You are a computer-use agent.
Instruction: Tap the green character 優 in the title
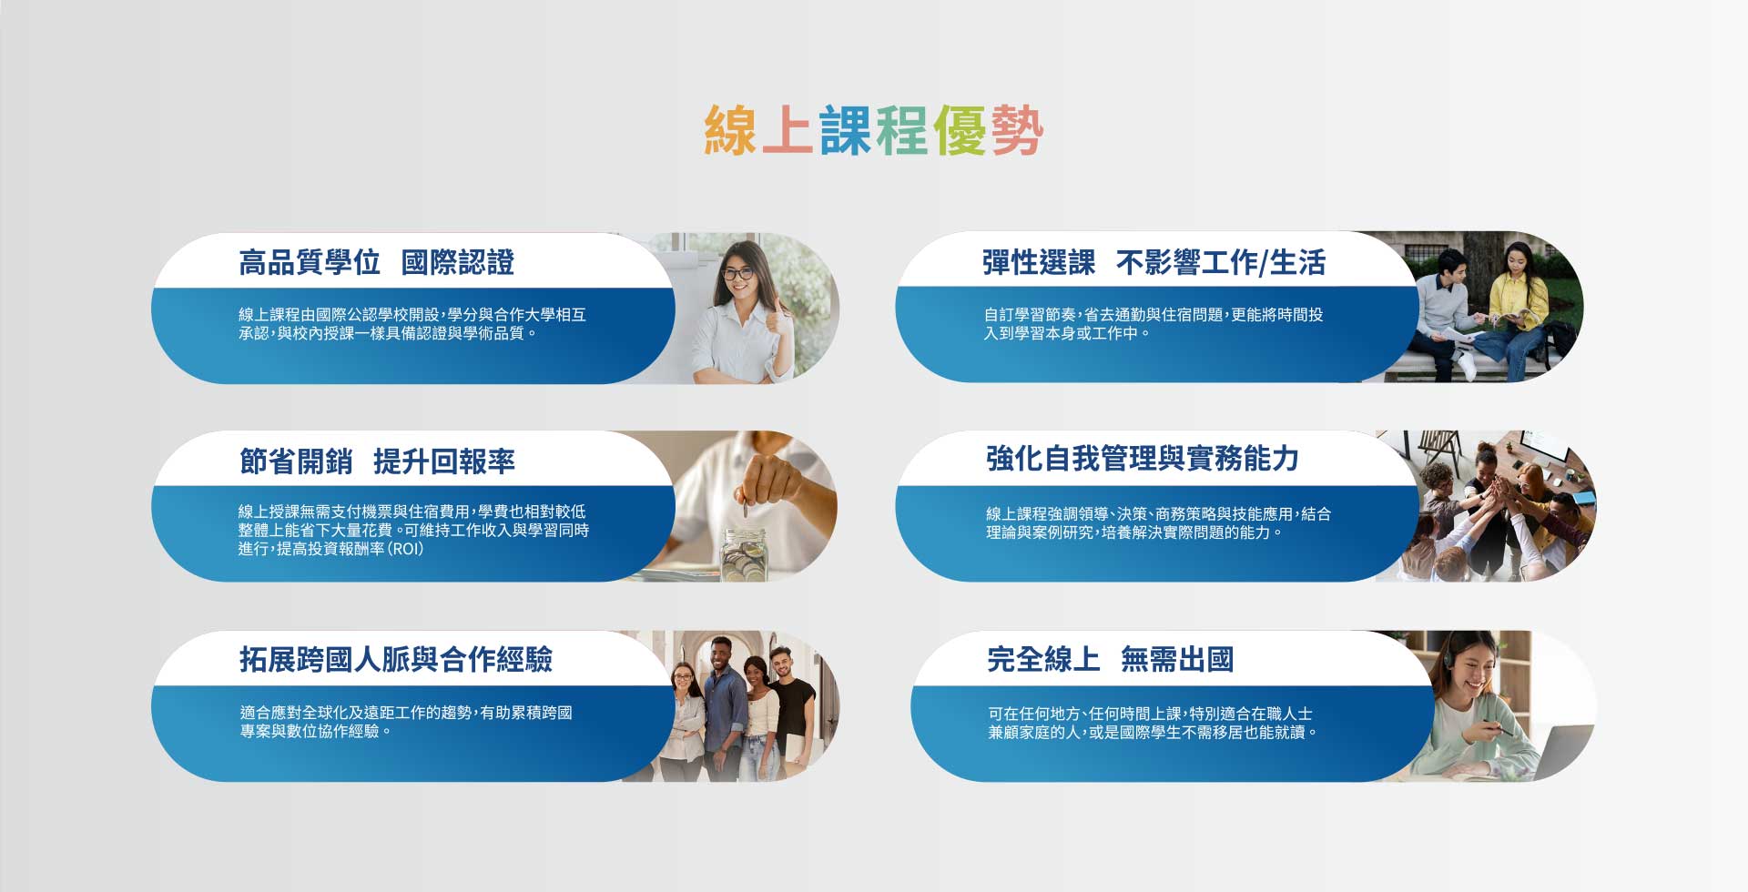coord(960,130)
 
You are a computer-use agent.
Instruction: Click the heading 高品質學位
coord(310,262)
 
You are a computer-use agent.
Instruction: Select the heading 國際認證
coord(458,262)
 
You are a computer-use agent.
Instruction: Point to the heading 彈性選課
coord(1039,262)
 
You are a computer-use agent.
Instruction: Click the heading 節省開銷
coord(296,461)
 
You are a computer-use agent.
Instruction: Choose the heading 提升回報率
coord(444,461)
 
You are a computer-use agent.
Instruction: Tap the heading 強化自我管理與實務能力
coord(1143,459)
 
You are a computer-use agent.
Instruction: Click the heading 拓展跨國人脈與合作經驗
coord(396,659)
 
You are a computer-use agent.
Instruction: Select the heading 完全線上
coord(1043,659)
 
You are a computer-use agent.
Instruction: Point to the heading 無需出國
coord(1177,659)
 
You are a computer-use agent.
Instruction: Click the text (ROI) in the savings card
coord(406,549)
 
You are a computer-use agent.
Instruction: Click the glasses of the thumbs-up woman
coord(737,272)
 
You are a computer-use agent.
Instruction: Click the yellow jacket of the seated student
coord(1518,302)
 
